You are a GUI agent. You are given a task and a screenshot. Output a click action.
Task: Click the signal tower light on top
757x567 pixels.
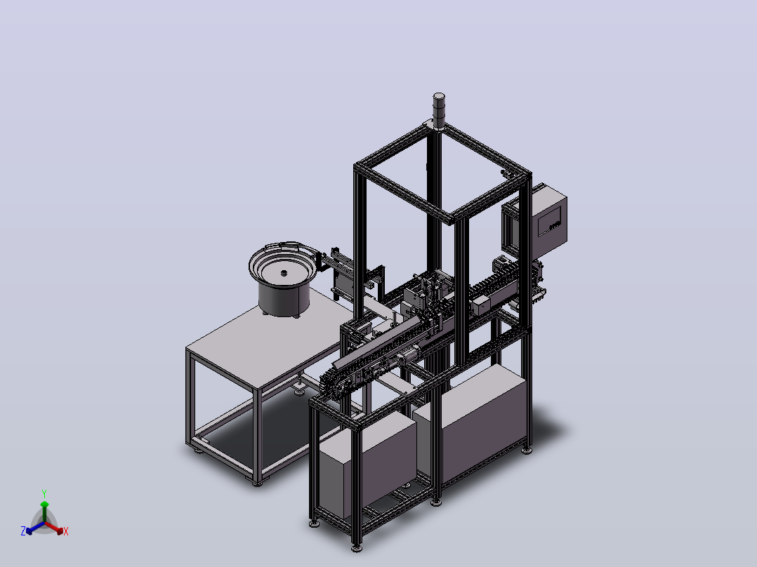(439, 110)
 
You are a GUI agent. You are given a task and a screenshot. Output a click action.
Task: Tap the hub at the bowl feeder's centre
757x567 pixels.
(284, 273)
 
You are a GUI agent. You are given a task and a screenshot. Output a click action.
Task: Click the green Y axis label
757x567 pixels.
(44, 493)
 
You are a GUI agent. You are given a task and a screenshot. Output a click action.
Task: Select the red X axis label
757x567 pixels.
(66, 531)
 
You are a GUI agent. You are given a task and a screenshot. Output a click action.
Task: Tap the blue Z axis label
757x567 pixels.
(23, 531)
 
